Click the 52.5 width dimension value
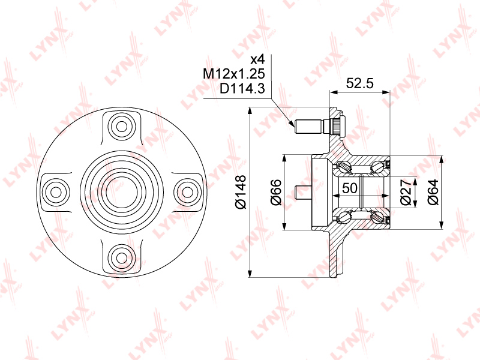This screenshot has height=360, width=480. tap(359, 83)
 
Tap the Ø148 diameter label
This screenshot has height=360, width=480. tap(241, 192)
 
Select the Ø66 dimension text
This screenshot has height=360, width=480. tap(276, 192)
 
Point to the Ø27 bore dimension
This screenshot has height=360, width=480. tap(406, 192)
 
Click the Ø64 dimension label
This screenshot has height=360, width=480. tap(433, 192)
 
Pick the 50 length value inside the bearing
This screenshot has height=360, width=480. tap(350, 188)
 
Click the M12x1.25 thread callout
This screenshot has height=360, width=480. tap(234, 74)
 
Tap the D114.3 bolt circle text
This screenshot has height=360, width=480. tap(242, 89)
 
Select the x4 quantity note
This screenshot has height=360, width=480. tap(257, 59)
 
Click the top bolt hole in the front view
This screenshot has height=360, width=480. tap(122, 127)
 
